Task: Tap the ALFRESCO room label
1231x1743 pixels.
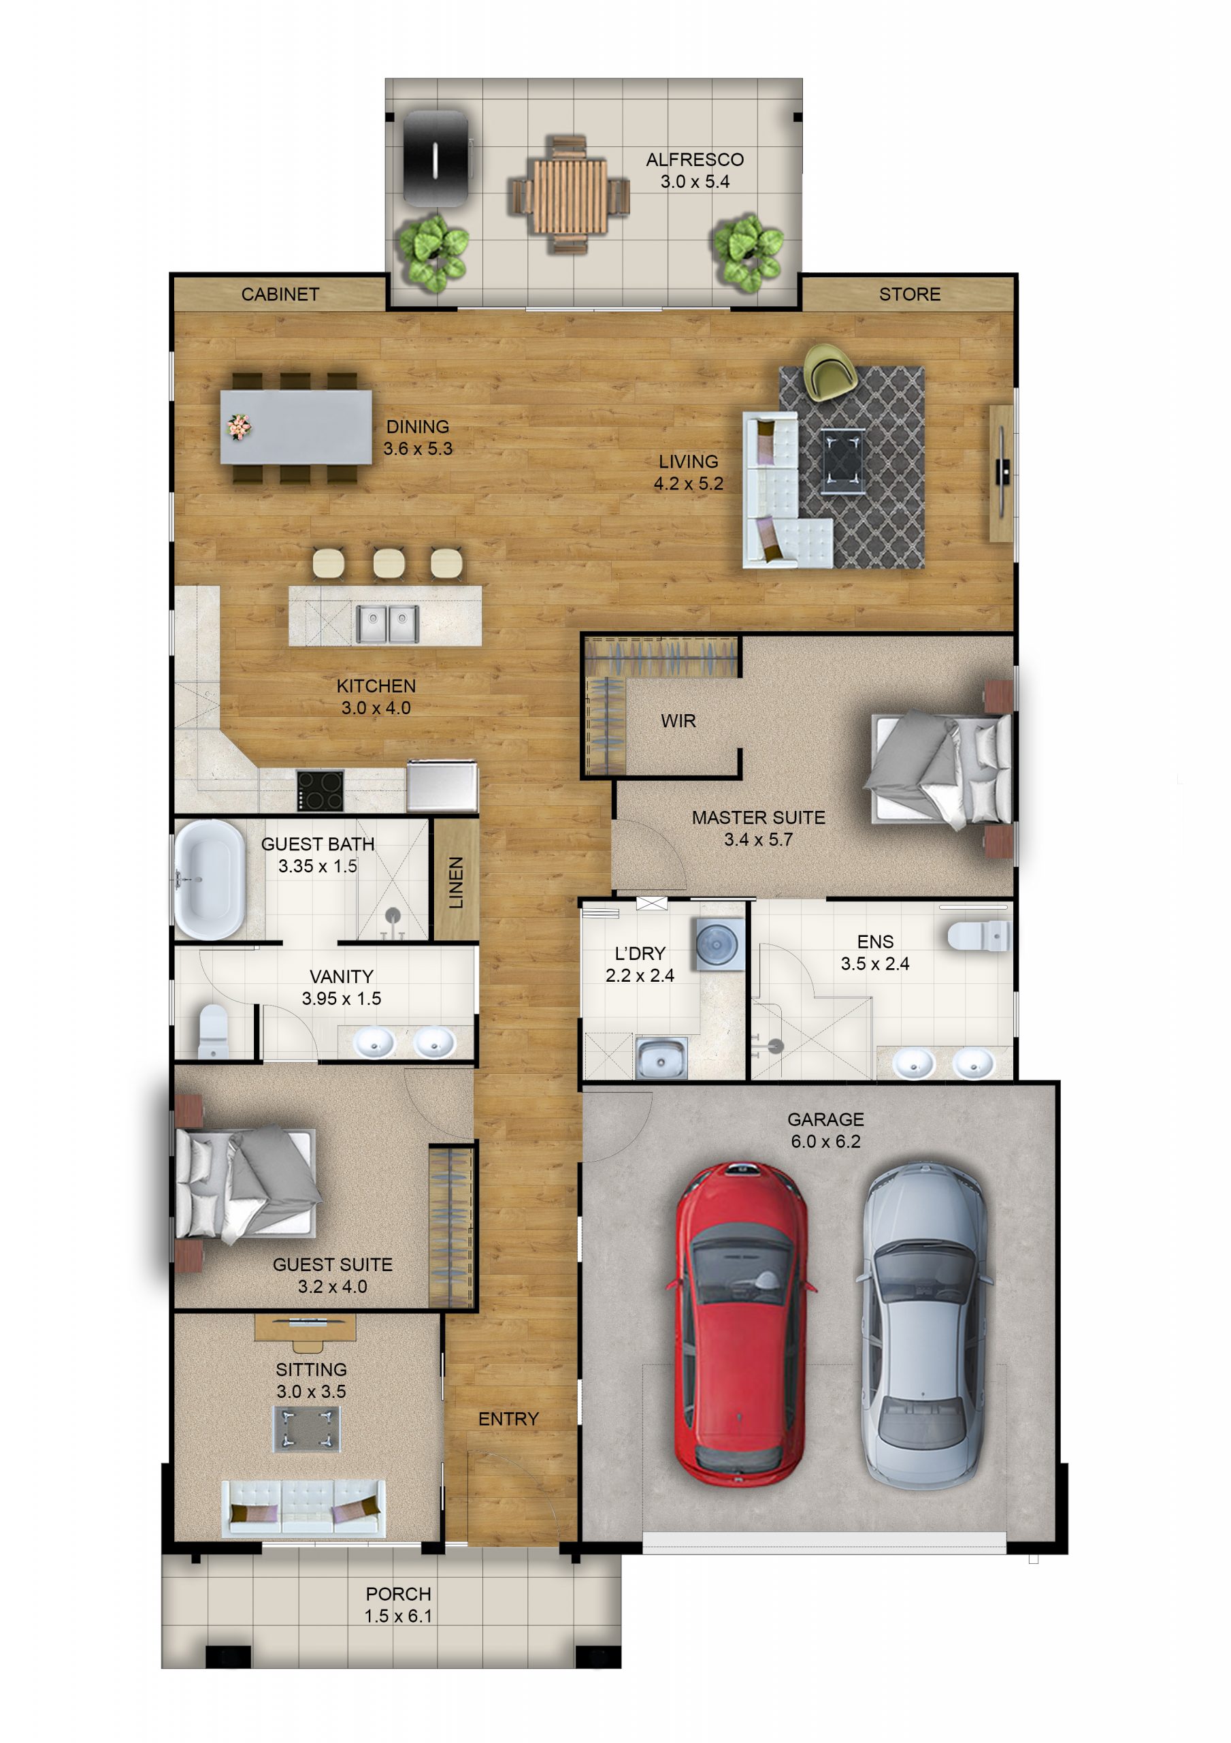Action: click(x=694, y=159)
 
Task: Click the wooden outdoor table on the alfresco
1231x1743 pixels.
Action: click(x=569, y=196)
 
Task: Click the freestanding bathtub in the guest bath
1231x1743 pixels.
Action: click(x=209, y=879)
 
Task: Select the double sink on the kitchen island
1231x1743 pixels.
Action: click(x=387, y=624)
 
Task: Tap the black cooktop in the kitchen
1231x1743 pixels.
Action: click(x=320, y=790)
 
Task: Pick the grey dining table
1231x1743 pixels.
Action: click(x=296, y=428)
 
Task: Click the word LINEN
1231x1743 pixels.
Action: click(x=455, y=882)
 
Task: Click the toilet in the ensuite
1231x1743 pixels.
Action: click(x=979, y=936)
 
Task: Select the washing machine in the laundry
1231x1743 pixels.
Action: click(x=718, y=944)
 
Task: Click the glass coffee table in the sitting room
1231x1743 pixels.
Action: click(x=307, y=1428)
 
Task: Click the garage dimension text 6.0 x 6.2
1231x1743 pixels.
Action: click(x=825, y=1141)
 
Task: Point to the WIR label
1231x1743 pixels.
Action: click(x=678, y=720)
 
